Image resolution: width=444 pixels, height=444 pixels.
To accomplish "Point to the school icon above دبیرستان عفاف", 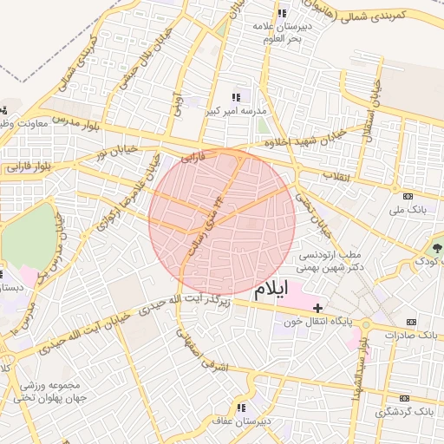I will (x=240, y=407).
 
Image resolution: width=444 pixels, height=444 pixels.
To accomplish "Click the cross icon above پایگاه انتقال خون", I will (x=318, y=308).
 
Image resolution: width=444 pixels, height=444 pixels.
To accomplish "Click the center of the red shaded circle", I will (x=222, y=222).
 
